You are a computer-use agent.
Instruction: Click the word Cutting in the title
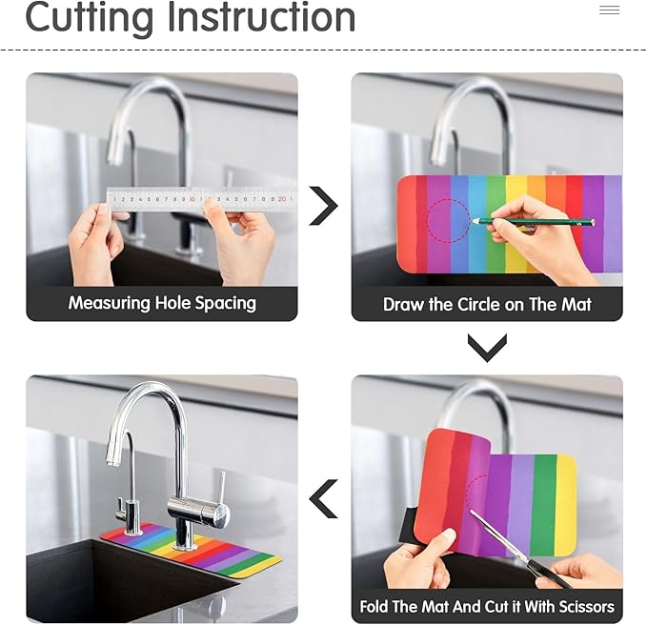click(89, 19)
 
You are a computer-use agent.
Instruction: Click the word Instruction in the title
click(262, 17)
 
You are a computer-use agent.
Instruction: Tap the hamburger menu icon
click(610, 10)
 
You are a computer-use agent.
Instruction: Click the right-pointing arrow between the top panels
click(324, 206)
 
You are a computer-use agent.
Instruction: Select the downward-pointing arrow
click(487, 348)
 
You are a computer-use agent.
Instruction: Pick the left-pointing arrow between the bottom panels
click(324, 499)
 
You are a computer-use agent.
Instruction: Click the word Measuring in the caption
click(109, 303)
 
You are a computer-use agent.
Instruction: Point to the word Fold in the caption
click(374, 607)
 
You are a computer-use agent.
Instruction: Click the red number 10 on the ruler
click(192, 199)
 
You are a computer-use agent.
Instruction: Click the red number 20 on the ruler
click(281, 199)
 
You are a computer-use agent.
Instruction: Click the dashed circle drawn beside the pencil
click(448, 200)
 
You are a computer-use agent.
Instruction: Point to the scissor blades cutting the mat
click(498, 534)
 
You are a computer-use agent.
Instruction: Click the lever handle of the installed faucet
click(222, 492)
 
